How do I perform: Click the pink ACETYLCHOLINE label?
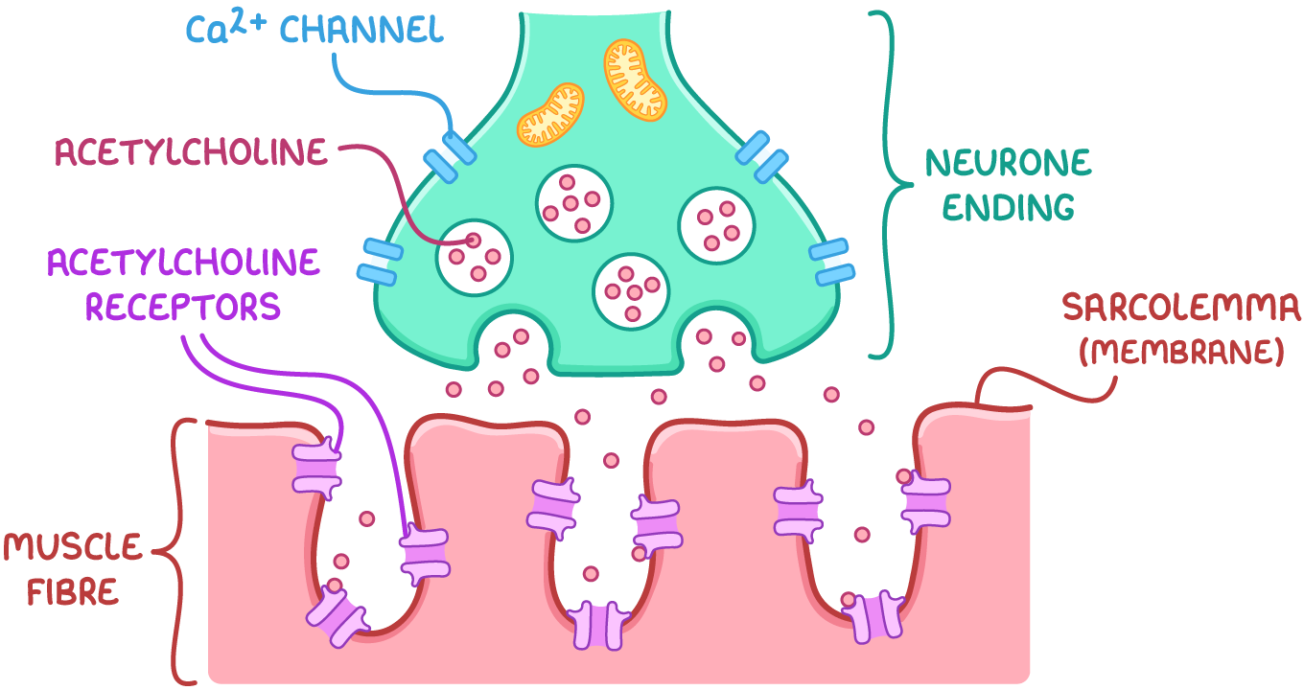190,153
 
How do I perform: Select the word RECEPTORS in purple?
182,307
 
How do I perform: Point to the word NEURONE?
1008,163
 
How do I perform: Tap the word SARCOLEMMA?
1181,309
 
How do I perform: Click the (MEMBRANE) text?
1181,352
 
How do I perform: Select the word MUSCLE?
72,548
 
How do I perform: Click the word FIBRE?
73,591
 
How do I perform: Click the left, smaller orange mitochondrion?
550,114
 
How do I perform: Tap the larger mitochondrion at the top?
635,80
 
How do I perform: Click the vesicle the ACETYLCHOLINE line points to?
475,257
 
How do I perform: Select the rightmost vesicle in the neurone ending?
716,226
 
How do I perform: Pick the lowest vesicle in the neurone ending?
631,290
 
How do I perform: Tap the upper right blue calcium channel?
764,158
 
